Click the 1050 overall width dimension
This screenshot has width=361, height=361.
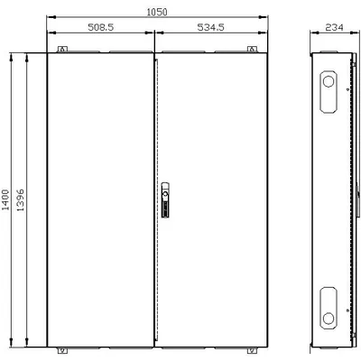point(157,13)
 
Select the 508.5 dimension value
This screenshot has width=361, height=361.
point(101,27)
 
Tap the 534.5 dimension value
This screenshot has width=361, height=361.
point(211,27)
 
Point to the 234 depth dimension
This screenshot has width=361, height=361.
point(334,28)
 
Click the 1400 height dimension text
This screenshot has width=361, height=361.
point(5,199)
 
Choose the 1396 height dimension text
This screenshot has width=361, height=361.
point(20,199)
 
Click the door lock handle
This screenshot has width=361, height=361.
point(165,199)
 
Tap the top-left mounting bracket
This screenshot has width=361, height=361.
point(62,49)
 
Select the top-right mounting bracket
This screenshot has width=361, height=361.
point(252,49)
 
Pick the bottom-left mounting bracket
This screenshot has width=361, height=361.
point(62,350)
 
